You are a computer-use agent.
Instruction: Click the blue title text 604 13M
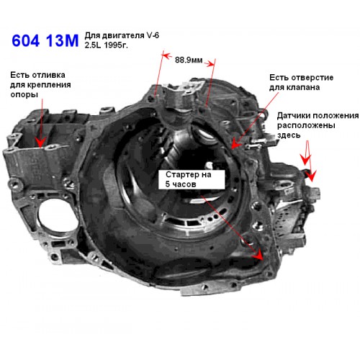coord(45,40)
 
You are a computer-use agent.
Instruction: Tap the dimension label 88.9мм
coord(189,60)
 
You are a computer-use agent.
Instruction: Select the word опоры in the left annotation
coord(24,94)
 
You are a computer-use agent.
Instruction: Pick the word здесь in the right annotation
coord(289,135)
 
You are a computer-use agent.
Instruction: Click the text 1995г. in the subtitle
coord(116,45)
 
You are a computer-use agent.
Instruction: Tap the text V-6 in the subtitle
coord(153,35)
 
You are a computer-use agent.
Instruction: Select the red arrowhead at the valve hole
coord(235,144)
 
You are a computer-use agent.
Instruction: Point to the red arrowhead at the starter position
coord(258,255)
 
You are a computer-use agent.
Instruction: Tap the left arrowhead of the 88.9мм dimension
coord(166,55)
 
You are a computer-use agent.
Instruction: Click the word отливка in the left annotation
coord(48,75)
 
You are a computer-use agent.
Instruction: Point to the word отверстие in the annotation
coord(310,78)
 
